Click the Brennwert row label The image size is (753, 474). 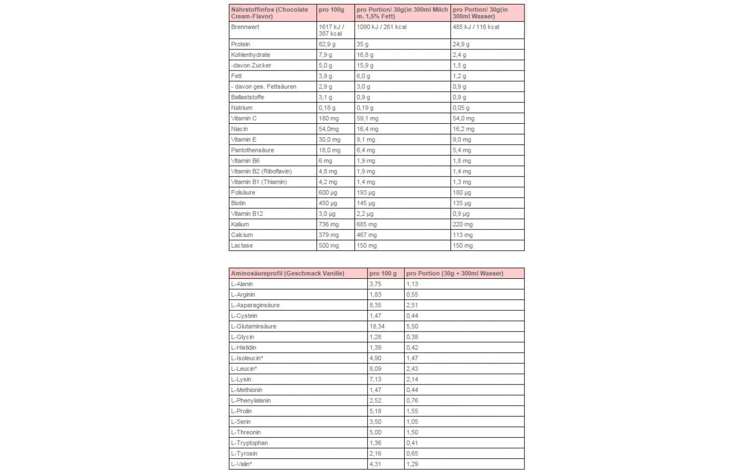click(x=245, y=27)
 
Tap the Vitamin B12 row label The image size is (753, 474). click(x=247, y=214)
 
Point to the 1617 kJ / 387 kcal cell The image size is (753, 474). click(x=331, y=30)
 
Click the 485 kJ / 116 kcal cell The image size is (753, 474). click(x=476, y=27)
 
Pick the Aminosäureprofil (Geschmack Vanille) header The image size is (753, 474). click(x=287, y=274)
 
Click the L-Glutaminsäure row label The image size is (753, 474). click(x=254, y=327)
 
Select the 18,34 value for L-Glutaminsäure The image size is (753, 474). click(x=377, y=327)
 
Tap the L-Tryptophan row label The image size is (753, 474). click(x=249, y=443)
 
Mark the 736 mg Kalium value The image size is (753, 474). click(x=329, y=224)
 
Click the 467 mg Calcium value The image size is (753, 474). click(x=366, y=235)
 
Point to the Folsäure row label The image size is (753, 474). click(x=243, y=193)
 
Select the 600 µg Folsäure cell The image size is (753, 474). click(x=328, y=193)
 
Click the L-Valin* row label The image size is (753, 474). click(x=242, y=464)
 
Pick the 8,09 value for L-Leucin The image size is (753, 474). click(x=375, y=369)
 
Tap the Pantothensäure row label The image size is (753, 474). click(x=253, y=150)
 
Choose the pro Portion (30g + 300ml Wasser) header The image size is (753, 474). click(x=455, y=274)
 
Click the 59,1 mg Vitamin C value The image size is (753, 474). click(x=367, y=119)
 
